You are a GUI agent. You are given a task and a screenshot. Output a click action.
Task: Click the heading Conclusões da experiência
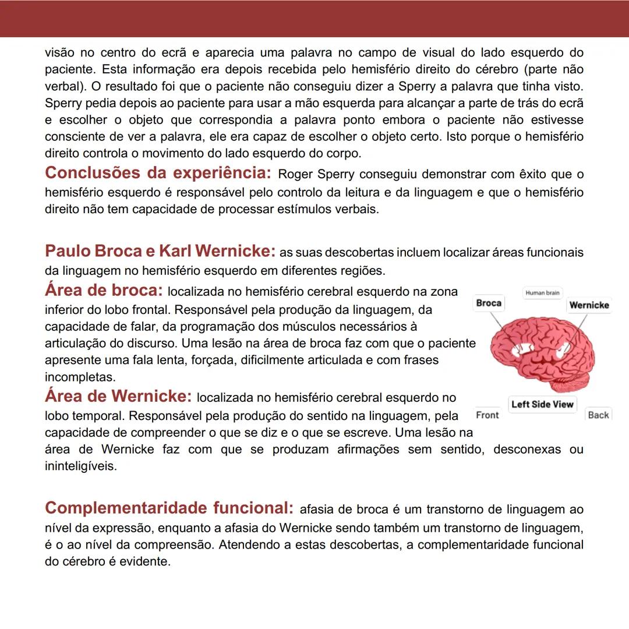158,173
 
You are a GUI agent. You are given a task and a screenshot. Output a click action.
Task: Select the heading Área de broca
104,290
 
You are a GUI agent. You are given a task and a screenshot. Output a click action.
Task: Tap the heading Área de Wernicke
118,396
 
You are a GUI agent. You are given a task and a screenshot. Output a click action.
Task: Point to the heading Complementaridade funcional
169,508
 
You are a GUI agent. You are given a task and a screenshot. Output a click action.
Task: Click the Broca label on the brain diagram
489,303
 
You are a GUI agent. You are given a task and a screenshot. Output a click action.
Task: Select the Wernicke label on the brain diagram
589,305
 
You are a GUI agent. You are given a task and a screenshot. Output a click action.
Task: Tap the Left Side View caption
542,404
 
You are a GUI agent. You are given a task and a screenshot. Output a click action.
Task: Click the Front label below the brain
487,415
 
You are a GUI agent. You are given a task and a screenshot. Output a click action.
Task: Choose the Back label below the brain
598,415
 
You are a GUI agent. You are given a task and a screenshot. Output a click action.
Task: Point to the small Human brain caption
542,293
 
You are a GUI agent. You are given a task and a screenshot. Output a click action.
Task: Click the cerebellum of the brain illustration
576,381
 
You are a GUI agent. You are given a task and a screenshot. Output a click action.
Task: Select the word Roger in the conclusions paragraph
295,175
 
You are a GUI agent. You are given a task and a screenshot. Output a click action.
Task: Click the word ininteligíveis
80,467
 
